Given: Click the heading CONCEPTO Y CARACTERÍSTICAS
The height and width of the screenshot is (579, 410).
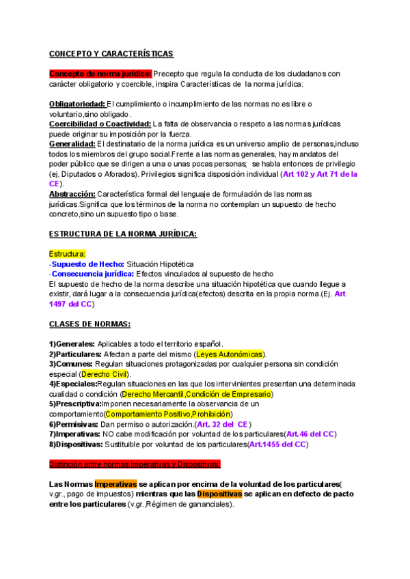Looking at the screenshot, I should pyautogui.click(x=111, y=54).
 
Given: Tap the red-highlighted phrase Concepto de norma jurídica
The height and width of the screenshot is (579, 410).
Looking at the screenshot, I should pyautogui.click(x=100, y=74).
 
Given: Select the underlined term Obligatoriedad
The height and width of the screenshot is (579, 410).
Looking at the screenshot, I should pyautogui.click(x=77, y=104).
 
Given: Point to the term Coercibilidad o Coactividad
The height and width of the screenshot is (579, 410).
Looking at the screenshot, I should pyautogui.click(x=100, y=124).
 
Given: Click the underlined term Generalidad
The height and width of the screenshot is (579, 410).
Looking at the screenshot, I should pyautogui.click(x=72, y=144).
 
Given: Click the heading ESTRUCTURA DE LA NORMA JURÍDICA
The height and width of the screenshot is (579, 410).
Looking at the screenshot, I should pyautogui.click(x=123, y=234).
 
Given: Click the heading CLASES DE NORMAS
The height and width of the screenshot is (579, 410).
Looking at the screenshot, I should pyautogui.click(x=90, y=324).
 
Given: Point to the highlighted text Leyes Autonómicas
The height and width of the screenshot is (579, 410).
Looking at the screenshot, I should pyautogui.click(x=230, y=354).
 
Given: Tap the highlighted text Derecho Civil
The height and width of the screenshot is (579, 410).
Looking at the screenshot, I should pyautogui.click(x=105, y=374).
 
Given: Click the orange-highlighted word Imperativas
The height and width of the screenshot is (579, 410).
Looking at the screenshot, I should pyautogui.click(x=115, y=484).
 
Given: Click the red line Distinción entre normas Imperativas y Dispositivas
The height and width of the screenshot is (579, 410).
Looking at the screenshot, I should pyautogui.click(x=135, y=464).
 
